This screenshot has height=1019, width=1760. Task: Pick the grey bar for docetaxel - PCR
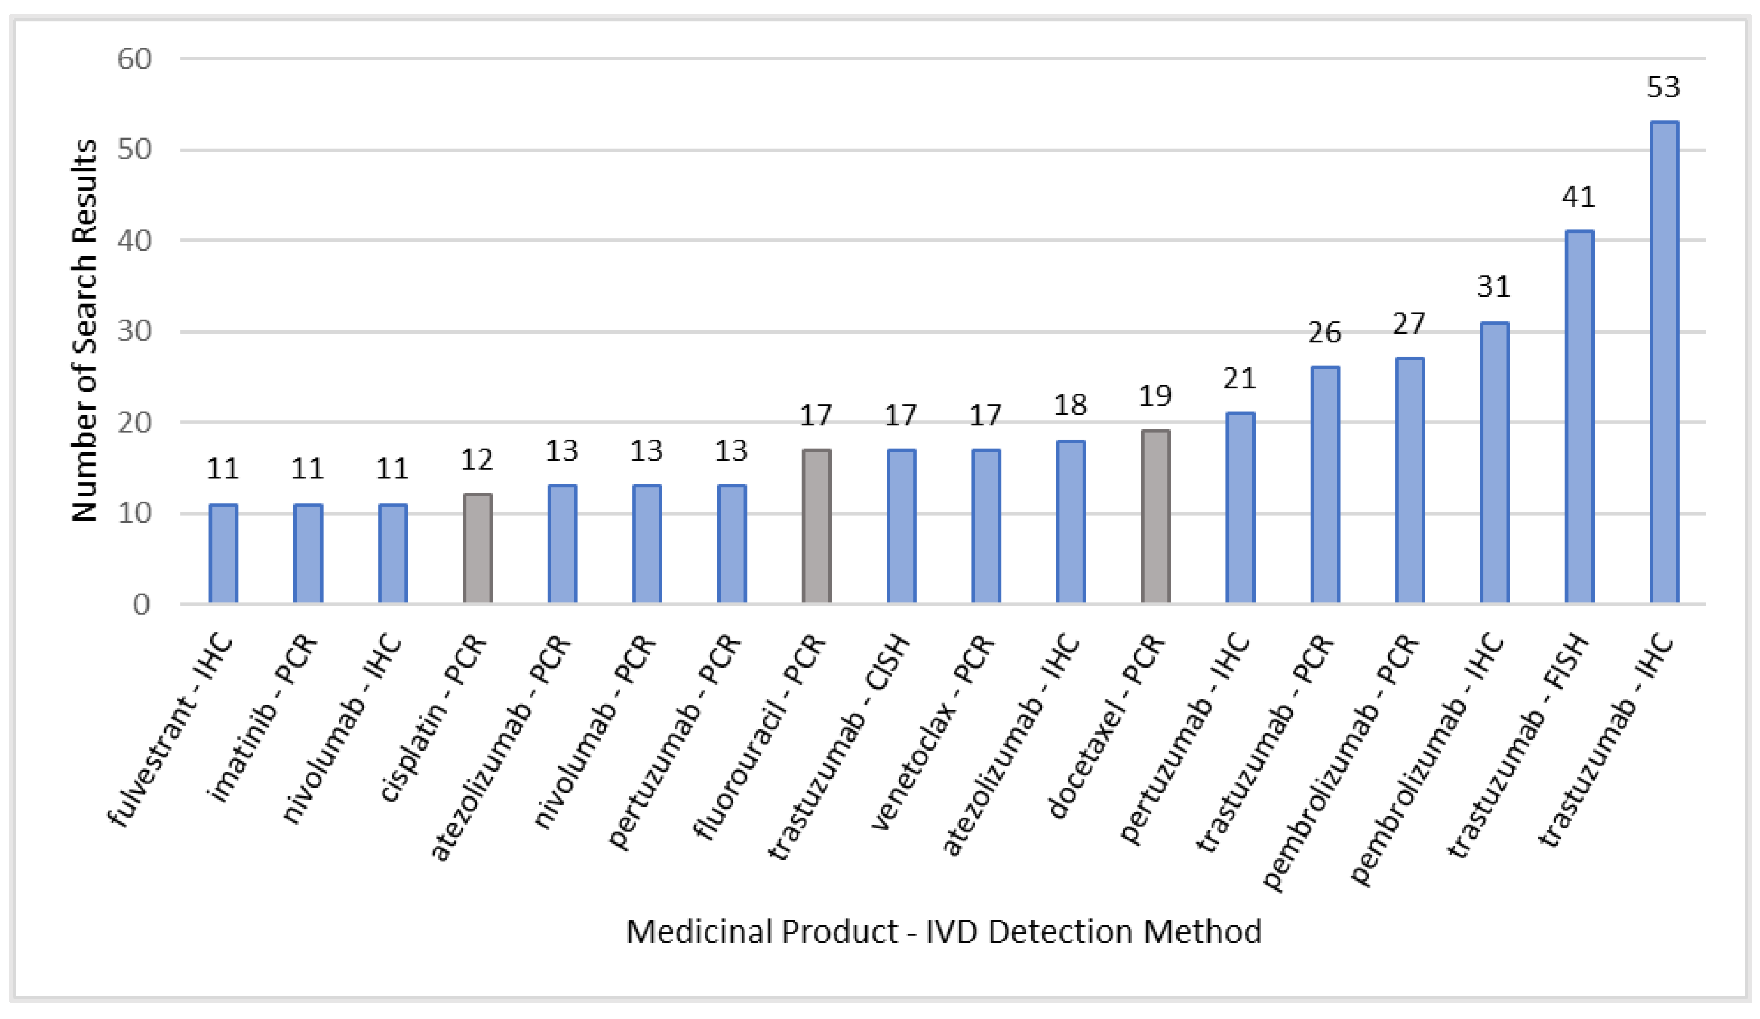1155,517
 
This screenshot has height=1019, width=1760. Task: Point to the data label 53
1663,87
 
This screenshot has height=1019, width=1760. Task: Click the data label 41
1579,197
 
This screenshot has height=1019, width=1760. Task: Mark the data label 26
1324,333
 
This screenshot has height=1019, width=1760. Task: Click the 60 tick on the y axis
134,59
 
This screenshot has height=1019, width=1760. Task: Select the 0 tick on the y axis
141,604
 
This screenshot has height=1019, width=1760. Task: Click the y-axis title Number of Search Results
85,330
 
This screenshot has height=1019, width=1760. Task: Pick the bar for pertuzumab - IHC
1240,508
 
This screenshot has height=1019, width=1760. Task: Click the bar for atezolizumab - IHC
1070,522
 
